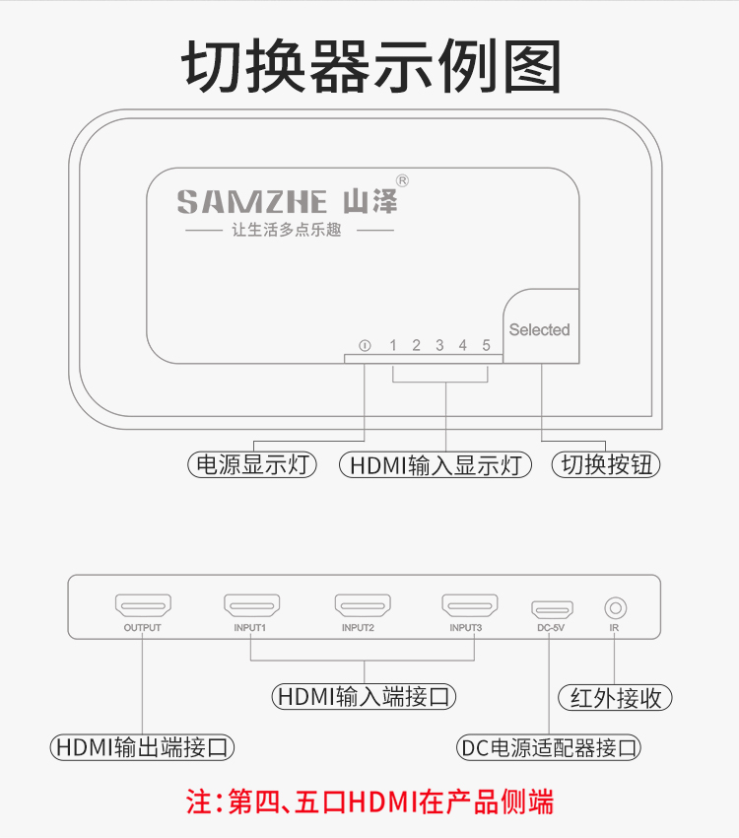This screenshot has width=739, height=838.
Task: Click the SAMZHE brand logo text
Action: (x=252, y=201)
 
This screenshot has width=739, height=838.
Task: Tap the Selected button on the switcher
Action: (x=539, y=329)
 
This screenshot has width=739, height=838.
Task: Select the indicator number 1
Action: (x=393, y=345)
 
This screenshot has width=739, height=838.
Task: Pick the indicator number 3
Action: (x=439, y=345)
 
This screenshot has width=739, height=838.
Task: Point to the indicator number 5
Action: (x=486, y=345)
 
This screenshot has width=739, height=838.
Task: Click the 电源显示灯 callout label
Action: (x=252, y=464)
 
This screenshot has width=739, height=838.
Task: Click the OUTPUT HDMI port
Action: (x=143, y=605)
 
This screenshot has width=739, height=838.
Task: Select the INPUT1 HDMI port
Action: (x=251, y=605)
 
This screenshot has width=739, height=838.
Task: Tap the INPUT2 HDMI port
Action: (x=362, y=605)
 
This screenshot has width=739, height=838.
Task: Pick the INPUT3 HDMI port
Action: (x=469, y=605)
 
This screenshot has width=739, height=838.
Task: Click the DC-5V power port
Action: (x=552, y=607)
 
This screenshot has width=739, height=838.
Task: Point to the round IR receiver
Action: (x=615, y=606)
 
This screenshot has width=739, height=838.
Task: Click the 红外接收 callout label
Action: (x=615, y=698)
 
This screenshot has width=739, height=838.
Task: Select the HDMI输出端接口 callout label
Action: (x=143, y=747)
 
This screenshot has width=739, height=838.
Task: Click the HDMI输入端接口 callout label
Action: (x=365, y=696)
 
